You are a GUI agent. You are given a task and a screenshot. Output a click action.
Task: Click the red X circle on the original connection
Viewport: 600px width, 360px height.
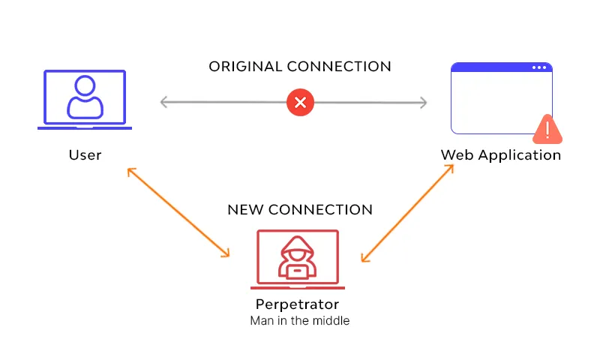pos(300,102)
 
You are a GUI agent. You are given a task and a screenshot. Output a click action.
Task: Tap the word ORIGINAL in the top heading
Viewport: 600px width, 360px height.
pos(244,67)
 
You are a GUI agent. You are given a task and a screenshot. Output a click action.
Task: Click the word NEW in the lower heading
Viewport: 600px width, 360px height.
pos(245,209)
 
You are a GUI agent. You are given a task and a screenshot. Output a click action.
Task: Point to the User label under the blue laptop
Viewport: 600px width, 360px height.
pos(85,155)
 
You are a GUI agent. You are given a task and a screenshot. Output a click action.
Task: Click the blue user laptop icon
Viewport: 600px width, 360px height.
pos(85,99)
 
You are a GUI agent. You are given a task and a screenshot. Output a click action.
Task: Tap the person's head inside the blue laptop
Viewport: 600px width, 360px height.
pos(85,84)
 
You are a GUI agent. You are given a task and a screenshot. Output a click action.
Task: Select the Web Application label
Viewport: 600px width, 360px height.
pos(500,155)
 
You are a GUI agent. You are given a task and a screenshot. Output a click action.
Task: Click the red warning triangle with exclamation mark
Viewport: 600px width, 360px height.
pos(547,130)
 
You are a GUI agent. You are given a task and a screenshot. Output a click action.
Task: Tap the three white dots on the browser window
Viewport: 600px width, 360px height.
pos(539,67)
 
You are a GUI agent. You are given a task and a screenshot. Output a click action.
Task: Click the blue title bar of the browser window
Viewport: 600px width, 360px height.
pos(495,67)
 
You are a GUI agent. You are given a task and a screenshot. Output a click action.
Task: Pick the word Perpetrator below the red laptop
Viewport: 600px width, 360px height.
pos(297,304)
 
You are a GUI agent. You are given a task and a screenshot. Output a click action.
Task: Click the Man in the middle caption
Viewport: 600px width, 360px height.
pos(299,321)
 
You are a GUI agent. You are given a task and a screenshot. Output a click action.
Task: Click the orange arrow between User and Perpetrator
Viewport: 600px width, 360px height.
pos(178,213)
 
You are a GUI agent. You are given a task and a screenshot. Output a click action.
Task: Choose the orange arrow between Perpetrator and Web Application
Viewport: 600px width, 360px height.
pos(408,213)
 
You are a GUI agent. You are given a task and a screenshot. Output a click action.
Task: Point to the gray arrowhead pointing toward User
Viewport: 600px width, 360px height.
pos(165,102)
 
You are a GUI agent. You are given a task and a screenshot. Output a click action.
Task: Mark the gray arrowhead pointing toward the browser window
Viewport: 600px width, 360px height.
pos(422,102)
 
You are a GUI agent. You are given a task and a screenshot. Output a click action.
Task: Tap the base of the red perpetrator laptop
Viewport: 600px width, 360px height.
pos(298,286)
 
